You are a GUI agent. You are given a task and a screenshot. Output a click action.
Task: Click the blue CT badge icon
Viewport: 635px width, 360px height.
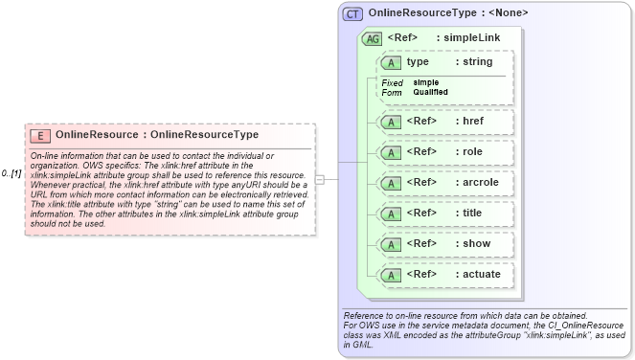pos(353,14)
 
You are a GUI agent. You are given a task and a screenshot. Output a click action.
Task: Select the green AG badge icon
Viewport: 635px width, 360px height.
pos(372,39)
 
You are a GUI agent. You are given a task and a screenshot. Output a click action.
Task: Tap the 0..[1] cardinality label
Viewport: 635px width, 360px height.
pos(11,173)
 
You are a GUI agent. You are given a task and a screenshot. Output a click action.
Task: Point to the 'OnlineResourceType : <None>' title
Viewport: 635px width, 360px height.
pos(448,13)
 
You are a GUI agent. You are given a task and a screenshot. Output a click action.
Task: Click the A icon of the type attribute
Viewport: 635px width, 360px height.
pos(391,63)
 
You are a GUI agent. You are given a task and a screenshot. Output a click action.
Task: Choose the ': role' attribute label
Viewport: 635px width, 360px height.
pos(467,151)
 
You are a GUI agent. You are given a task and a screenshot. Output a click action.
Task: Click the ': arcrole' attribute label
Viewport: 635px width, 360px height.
pos(476,182)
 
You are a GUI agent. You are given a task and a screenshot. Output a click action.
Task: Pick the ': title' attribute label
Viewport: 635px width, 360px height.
pos(467,213)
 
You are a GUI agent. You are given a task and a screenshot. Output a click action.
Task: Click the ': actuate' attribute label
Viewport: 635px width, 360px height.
pos(476,275)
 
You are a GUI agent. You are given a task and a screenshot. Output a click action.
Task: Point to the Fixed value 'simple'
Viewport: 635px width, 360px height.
pos(426,82)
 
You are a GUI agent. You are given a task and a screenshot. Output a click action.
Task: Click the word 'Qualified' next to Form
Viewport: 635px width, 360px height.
pos(431,92)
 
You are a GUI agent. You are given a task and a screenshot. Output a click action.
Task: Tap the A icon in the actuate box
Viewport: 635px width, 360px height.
pos(391,275)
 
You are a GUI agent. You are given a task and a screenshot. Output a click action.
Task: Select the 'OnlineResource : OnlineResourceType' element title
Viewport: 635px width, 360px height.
pos(156,135)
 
